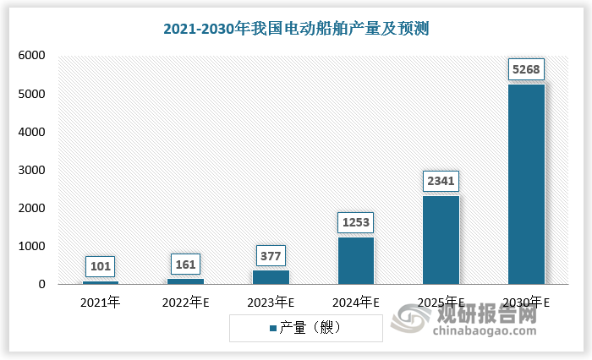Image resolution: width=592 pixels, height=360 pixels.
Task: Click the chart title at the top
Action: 297,28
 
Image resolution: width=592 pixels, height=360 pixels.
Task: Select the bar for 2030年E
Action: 525,184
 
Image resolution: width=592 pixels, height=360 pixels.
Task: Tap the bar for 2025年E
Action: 441,240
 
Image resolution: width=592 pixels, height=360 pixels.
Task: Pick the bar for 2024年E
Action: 355,260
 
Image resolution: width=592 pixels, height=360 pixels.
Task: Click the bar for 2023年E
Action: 271,277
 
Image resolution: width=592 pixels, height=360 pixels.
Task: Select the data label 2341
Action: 441,181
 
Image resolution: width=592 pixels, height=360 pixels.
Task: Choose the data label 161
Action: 185,264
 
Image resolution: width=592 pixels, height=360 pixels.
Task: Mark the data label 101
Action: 101,266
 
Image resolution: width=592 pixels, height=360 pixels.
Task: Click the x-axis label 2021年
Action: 101,301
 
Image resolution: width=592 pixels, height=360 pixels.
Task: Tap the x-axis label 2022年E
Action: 185,301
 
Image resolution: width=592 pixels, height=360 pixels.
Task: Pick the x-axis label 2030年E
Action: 525,301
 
